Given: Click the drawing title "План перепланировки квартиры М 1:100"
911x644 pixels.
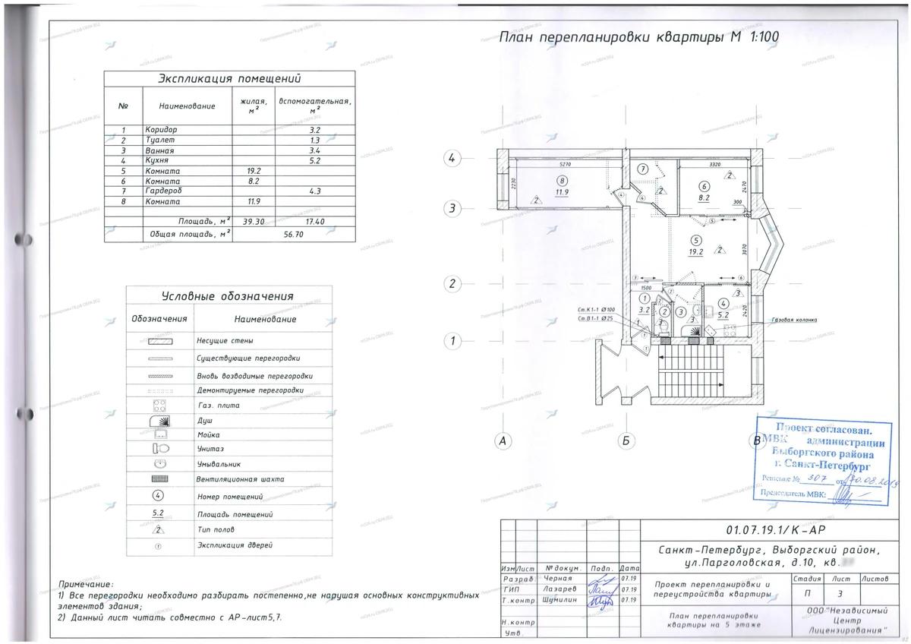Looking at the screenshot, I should [638, 36].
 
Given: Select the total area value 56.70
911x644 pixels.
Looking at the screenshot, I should [293, 235].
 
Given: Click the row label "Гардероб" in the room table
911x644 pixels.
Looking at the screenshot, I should [163, 192].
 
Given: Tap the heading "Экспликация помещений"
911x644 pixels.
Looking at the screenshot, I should [229, 79].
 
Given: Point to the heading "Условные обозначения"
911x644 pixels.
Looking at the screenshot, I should [228, 296].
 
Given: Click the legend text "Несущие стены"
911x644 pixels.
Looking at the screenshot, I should [225, 342].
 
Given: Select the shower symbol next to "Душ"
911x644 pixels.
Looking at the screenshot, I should [160, 419].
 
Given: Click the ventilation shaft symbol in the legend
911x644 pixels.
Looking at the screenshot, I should [160, 480].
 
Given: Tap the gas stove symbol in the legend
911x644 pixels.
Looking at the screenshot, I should [160, 404].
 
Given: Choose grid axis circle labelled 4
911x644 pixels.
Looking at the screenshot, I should [452, 159].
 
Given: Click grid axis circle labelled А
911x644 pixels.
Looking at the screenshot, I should [501, 440].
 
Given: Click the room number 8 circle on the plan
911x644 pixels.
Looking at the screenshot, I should [562, 181].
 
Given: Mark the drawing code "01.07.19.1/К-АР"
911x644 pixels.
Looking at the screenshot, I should [772, 531].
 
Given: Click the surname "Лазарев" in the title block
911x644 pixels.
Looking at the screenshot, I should [560, 589].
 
